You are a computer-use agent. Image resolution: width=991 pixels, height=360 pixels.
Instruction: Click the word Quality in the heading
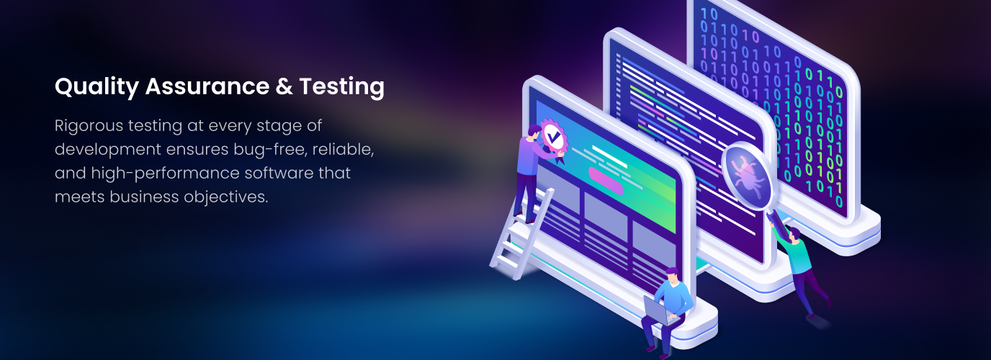click(x=97, y=86)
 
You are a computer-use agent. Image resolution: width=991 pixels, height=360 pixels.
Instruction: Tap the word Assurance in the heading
click(x=207, y=86)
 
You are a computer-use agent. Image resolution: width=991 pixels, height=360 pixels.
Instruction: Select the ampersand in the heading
click(x=284, y=86)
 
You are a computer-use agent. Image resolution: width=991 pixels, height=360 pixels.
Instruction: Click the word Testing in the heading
click(x=341, y=86)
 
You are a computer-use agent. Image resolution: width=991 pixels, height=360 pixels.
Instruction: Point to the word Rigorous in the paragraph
click(x=89, y=126)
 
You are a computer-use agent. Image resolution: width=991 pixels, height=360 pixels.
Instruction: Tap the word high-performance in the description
click(x=165, y=173)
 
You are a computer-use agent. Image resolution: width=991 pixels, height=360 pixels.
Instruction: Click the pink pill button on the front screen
click(x=606, y=181)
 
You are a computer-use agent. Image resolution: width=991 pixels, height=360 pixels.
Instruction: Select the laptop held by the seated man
click(x=660, y=311)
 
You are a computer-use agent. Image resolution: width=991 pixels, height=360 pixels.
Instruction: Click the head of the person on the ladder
click(x=535, y=131)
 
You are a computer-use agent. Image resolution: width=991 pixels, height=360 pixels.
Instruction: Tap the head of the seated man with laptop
click(x=672, y=276)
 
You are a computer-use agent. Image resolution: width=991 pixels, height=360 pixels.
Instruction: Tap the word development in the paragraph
click(x=108, y=150)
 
